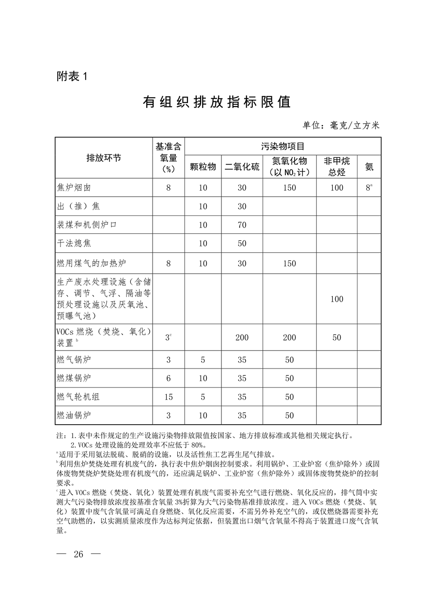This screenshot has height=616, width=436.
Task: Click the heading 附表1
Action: click(x=72, y=77)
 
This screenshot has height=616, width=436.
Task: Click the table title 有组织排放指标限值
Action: click(x=217, y=103)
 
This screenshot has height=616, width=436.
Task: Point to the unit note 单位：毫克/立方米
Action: click(x=341, y=125)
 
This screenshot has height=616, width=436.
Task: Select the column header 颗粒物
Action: click(x=203, y=167)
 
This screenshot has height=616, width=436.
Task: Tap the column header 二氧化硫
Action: click(x=242, y=167)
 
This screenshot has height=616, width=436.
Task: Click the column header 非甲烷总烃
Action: click(x=337, y=166)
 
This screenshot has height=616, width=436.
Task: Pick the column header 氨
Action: click(x=369, y=167)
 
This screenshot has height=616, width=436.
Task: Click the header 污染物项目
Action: click(x=282, y=146)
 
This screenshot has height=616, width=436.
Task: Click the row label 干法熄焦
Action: click(x=74, y=243)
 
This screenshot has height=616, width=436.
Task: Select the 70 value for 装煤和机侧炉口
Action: click(x=242, y=225)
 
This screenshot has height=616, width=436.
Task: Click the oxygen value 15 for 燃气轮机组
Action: click(x=168, y=397)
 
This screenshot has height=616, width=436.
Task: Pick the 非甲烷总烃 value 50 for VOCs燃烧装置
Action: click(x=337, y=338)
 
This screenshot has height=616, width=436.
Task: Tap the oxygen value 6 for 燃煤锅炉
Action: click(x=168, y=378)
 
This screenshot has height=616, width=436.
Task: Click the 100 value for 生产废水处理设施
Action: click(x=337, y=299)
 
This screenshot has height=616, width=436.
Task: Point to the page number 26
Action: click(x=79, y=554)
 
